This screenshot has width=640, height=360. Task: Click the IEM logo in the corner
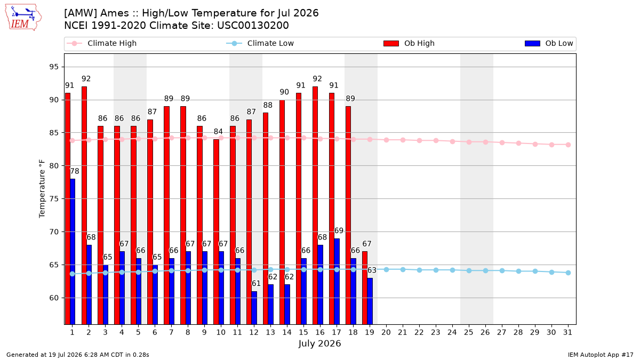coord(23,18)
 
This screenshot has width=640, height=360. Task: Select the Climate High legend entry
coord(102,43)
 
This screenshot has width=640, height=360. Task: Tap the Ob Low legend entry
coord(549,43)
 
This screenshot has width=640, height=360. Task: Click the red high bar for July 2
coord(84,205)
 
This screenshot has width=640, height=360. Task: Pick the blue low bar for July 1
coord(73,251)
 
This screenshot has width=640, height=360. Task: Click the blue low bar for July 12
coord(254,308)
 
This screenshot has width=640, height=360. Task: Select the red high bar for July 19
coord(365,287)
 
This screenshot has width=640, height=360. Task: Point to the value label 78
coord(75,171)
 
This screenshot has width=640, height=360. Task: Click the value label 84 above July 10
coord(218,131)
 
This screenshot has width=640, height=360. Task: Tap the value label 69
coord(339,230)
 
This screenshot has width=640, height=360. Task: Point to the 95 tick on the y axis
coord(54,67)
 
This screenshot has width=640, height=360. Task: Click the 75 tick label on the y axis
coord(54,199)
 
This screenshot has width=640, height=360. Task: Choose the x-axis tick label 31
coord(567,332)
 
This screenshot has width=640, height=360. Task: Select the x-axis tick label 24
coord(452,332)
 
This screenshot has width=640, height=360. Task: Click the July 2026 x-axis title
coord(319,343)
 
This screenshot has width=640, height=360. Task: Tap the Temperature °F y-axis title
coord(42,189)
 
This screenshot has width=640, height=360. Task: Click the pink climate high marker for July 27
coord(502,142)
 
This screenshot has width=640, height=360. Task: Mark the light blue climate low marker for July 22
coord(419,270)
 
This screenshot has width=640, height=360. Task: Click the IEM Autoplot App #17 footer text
coord(601,355)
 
